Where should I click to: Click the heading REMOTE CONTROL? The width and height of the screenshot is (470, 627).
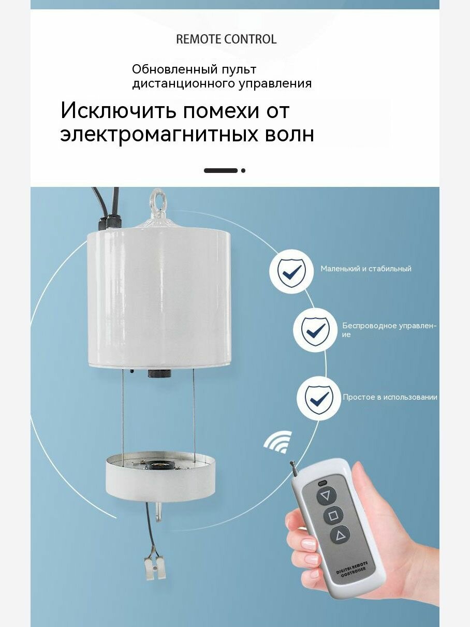[x=226, y=39]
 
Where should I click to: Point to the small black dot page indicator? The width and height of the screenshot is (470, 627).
[x=243, y=170]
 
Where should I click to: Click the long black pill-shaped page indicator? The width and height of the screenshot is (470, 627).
[x=221, y=170]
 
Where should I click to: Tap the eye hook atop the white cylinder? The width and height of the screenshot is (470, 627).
[x=156, y=200]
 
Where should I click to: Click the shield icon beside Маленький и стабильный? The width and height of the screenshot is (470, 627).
[x=291, y=271]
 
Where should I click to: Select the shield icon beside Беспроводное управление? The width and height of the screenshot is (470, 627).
[x=315, y=330]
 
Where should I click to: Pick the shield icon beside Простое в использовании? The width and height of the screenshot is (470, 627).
[x=319, y=398]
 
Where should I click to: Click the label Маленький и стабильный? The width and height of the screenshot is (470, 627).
[x=366, y=269]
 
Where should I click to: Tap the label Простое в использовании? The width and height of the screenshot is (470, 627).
[x=390, y=397]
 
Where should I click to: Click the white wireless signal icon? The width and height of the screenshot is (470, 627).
[x=278, y=441]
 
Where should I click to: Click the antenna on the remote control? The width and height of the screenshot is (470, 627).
[x=293, y=467]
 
